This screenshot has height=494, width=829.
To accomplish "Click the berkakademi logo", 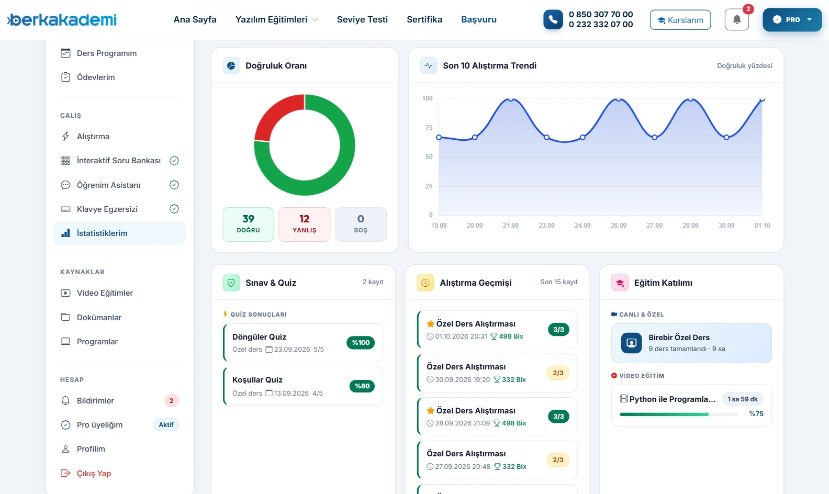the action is [x=62, y=19].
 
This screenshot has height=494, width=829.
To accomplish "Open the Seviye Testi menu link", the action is [x=362, y=19].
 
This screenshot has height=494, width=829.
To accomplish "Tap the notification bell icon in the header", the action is [x=736, y=19].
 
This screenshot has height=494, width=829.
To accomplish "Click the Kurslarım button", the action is [x=680, y=19].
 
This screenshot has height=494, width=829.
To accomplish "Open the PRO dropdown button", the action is [x=792, y=19].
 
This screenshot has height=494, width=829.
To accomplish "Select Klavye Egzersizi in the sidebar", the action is [x=107, y=209].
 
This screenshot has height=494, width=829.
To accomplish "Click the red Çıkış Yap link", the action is [x=94, y=473].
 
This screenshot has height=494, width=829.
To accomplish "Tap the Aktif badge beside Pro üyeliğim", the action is [x=166, y=425].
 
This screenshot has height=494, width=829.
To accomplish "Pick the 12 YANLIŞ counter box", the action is [x=304, y=224].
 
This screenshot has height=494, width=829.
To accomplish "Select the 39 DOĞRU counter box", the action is [x=248, y=224].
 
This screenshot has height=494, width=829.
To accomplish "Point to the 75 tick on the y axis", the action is [x=429, y=128].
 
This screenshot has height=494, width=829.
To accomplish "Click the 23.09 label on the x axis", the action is [x=546, y=226].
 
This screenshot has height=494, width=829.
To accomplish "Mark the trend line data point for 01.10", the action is [x=762, y=99].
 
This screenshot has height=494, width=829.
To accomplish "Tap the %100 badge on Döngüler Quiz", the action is [x=361, y=343].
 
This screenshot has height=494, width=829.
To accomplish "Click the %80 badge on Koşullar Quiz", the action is [x=362, y=386].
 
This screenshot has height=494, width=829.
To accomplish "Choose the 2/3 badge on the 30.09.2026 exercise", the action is [x=558, y=373].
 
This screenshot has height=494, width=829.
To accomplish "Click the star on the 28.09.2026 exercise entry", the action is [x=430, y=410].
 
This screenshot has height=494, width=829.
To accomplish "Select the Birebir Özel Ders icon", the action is [x=631, y=343].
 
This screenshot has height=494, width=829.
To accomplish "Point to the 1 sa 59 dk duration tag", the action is [x=742, y=399].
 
